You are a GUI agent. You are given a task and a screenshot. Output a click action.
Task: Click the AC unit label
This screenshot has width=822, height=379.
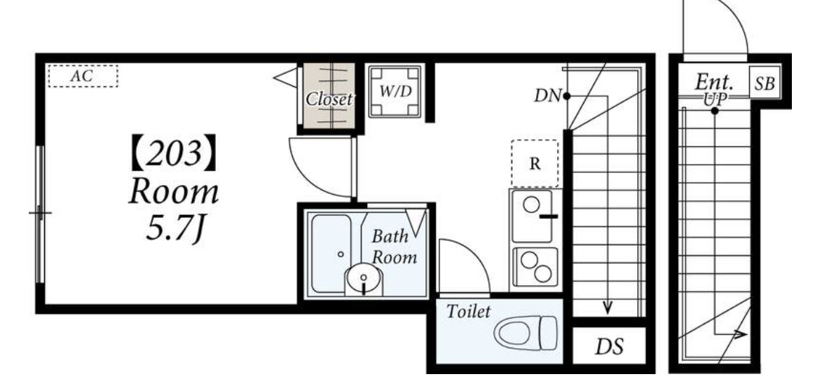82,76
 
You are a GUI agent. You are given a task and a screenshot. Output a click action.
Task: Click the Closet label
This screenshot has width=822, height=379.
329,99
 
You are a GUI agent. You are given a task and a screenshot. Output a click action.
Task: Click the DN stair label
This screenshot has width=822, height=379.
547,96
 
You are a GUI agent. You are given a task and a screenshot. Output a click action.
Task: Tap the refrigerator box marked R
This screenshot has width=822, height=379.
535,163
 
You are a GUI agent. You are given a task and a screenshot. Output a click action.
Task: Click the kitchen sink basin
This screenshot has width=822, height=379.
532,216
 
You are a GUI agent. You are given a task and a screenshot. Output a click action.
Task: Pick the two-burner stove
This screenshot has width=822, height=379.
535,267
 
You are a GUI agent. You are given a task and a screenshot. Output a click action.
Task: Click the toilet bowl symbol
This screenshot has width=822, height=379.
526,333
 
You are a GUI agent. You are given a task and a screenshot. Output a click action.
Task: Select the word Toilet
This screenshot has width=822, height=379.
468,312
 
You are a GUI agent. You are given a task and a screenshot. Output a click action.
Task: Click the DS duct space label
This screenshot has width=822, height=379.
609,347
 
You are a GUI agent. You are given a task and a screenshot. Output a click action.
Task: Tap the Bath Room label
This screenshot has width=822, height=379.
395,247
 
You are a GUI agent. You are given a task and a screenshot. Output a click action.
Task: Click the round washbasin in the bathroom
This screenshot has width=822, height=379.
363,278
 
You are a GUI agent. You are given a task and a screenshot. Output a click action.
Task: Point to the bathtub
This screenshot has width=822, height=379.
331,253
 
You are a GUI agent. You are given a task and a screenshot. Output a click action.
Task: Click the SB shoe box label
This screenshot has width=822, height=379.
765,83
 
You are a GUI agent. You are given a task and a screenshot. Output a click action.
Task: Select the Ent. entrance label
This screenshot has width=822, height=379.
714,82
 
